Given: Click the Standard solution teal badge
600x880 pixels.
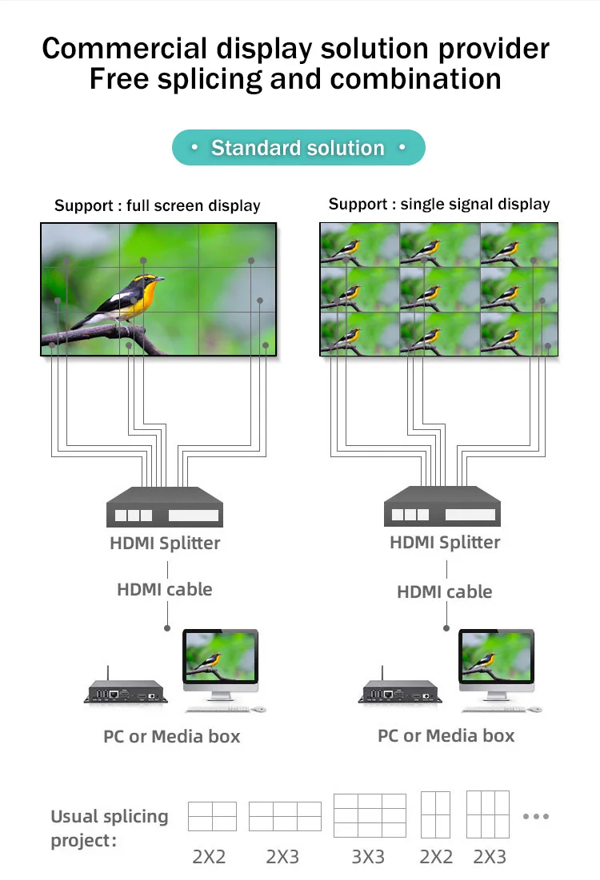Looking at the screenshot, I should coord(298,148).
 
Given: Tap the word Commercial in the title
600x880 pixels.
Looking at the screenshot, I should coord(123,49).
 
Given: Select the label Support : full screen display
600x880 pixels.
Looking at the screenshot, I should coord(157,206).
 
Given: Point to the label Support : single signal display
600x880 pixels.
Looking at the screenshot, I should coord(438,204).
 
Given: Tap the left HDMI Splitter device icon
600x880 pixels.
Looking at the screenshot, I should coord(165,507).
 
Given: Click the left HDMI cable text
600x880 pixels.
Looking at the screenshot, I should coord(165,590).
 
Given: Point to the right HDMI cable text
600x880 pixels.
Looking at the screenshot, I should coord(444,592).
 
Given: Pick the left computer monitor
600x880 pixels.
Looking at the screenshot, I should coord(220,659).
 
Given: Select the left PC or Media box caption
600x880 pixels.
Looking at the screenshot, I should coord(171,736).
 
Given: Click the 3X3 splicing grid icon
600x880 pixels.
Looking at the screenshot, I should coord(370,814).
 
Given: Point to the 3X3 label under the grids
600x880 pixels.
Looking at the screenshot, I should coord(368,857).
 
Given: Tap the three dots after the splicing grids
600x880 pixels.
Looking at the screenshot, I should coord(535,816).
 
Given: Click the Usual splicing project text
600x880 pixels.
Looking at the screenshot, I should coord(110,828).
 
